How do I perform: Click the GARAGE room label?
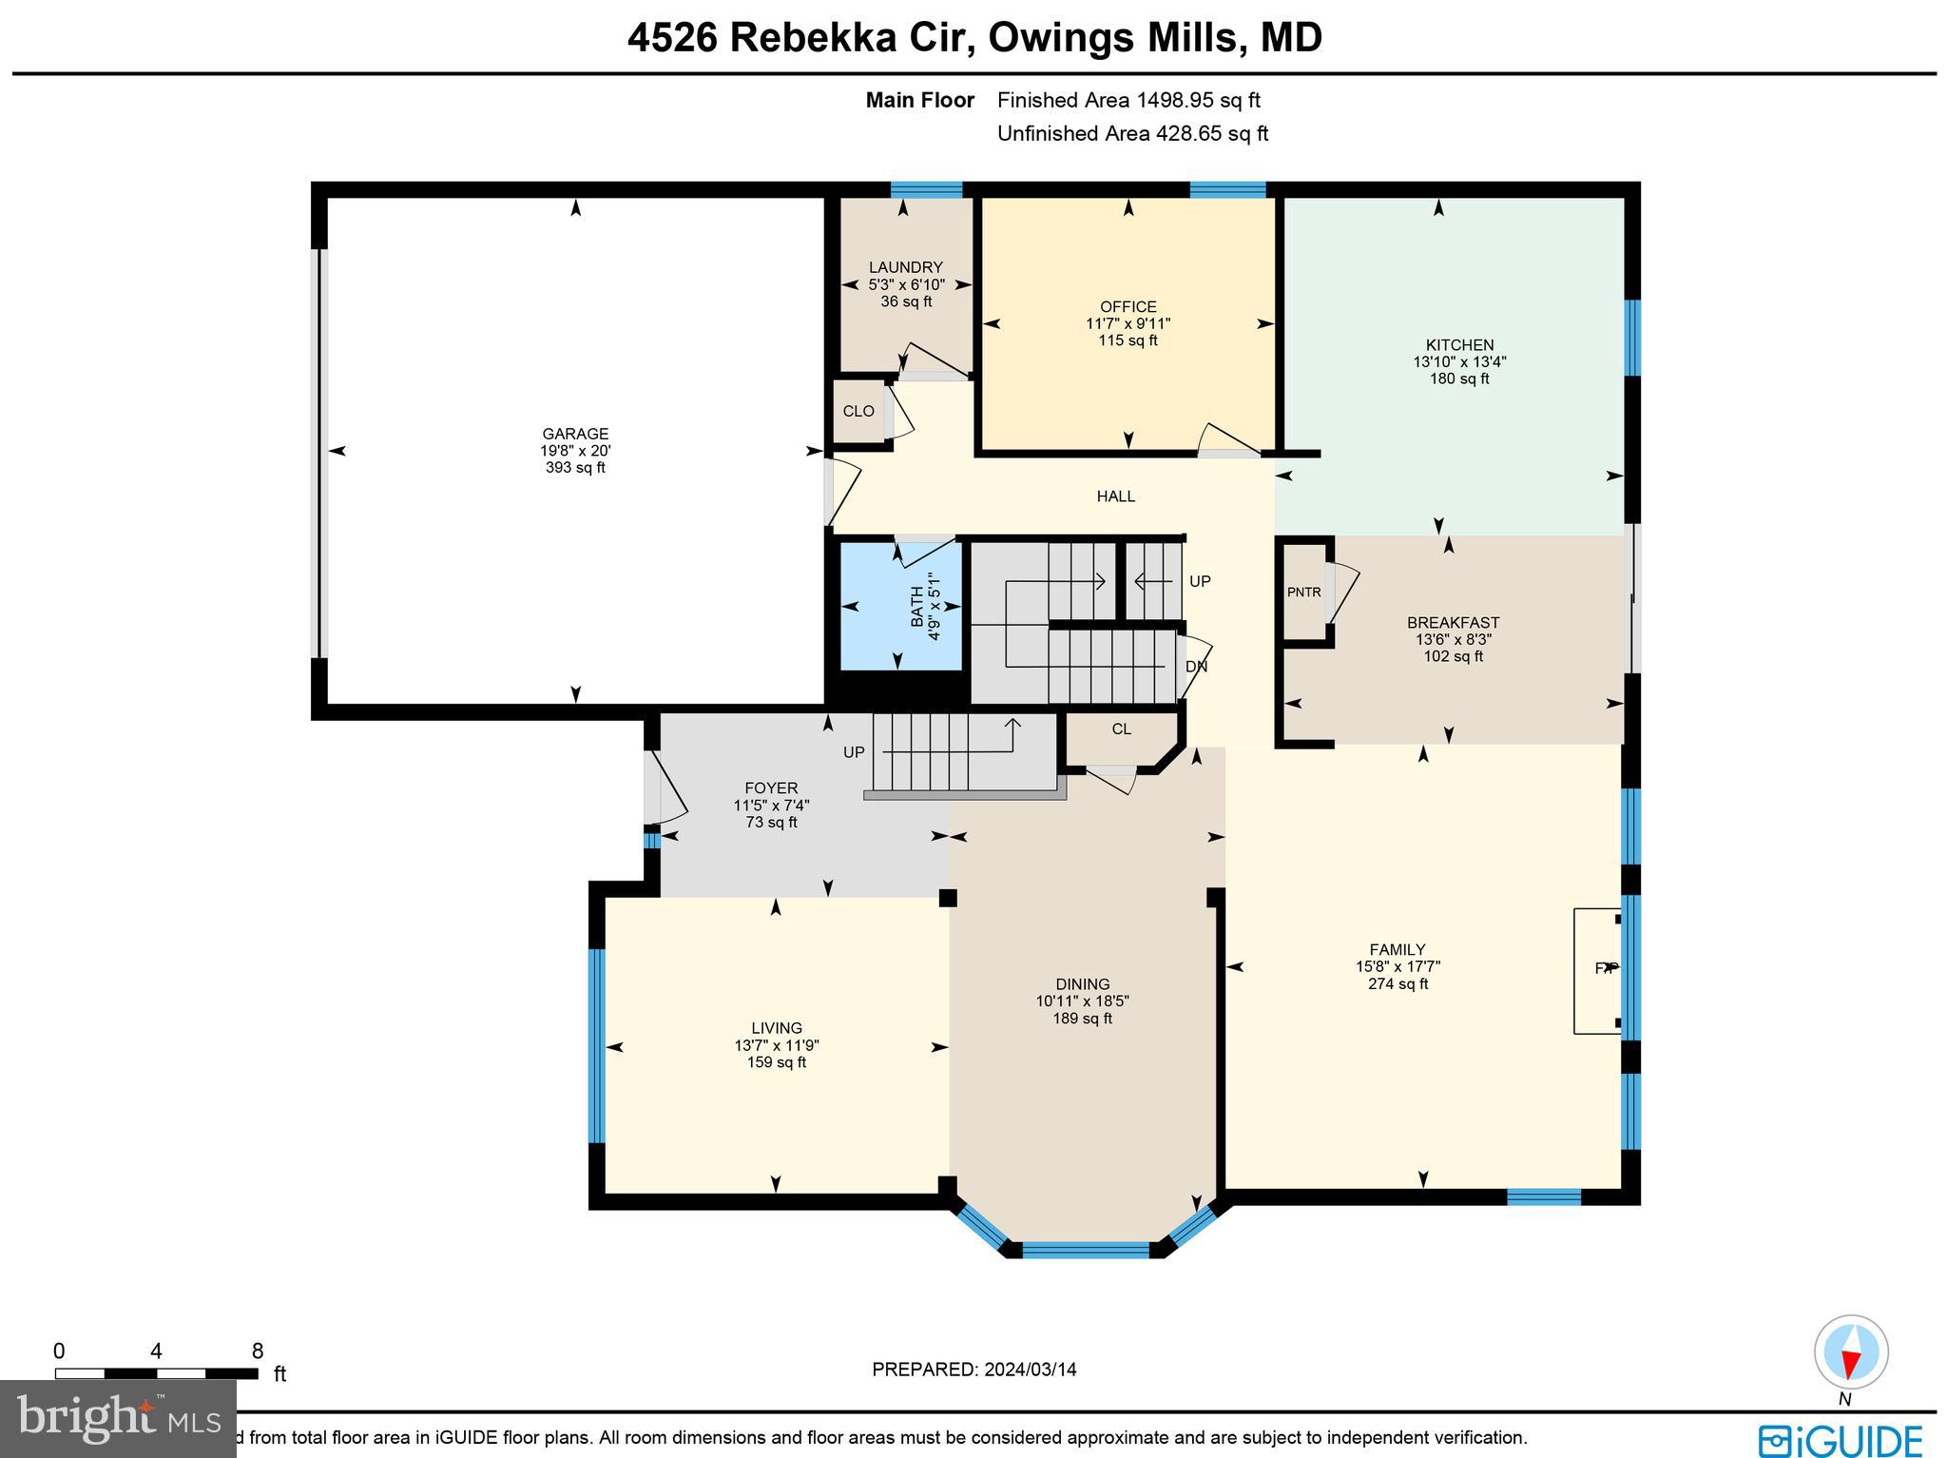click(575, 434)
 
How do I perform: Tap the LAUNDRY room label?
click(905, 267)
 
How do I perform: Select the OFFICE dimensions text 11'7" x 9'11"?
click(1128, 323)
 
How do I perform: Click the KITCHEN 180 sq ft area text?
click(1459, 379)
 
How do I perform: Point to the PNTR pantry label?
click(1303, 592)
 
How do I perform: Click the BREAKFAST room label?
click(1453, 623)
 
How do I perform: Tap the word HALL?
click(1115, 496)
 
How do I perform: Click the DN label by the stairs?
click(1196, 667)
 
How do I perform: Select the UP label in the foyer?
click(854, 752)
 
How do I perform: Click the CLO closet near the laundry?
click(858, 411)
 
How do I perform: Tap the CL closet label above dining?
click(1121, 729)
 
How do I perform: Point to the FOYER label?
click(771, 788)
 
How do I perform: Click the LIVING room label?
click(777, 1028)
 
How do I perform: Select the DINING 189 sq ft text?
click(1082, 1019)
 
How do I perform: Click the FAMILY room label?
click(1397, 949)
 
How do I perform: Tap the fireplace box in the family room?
click(1597, 970)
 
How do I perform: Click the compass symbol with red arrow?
click(1850, 1352)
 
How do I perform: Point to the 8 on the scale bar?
click(257, 1351)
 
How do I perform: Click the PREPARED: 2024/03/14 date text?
click(973, 1370)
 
